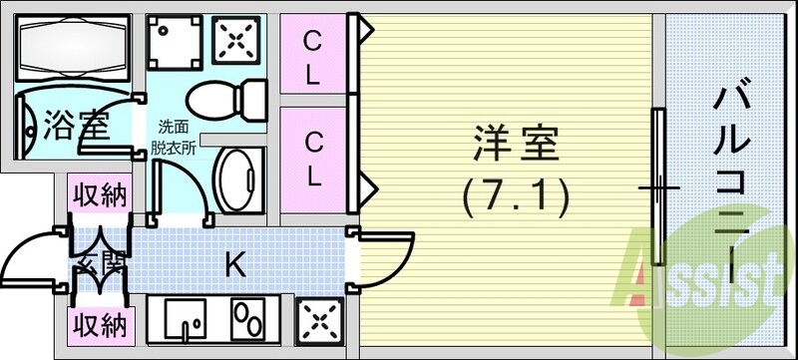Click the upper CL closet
click(312, 58)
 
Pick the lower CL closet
click(312, 160)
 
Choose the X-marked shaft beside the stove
click(320, 320)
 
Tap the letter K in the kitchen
click(234, 264)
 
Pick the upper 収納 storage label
click(99, 195)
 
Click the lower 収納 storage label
click(99, 324)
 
